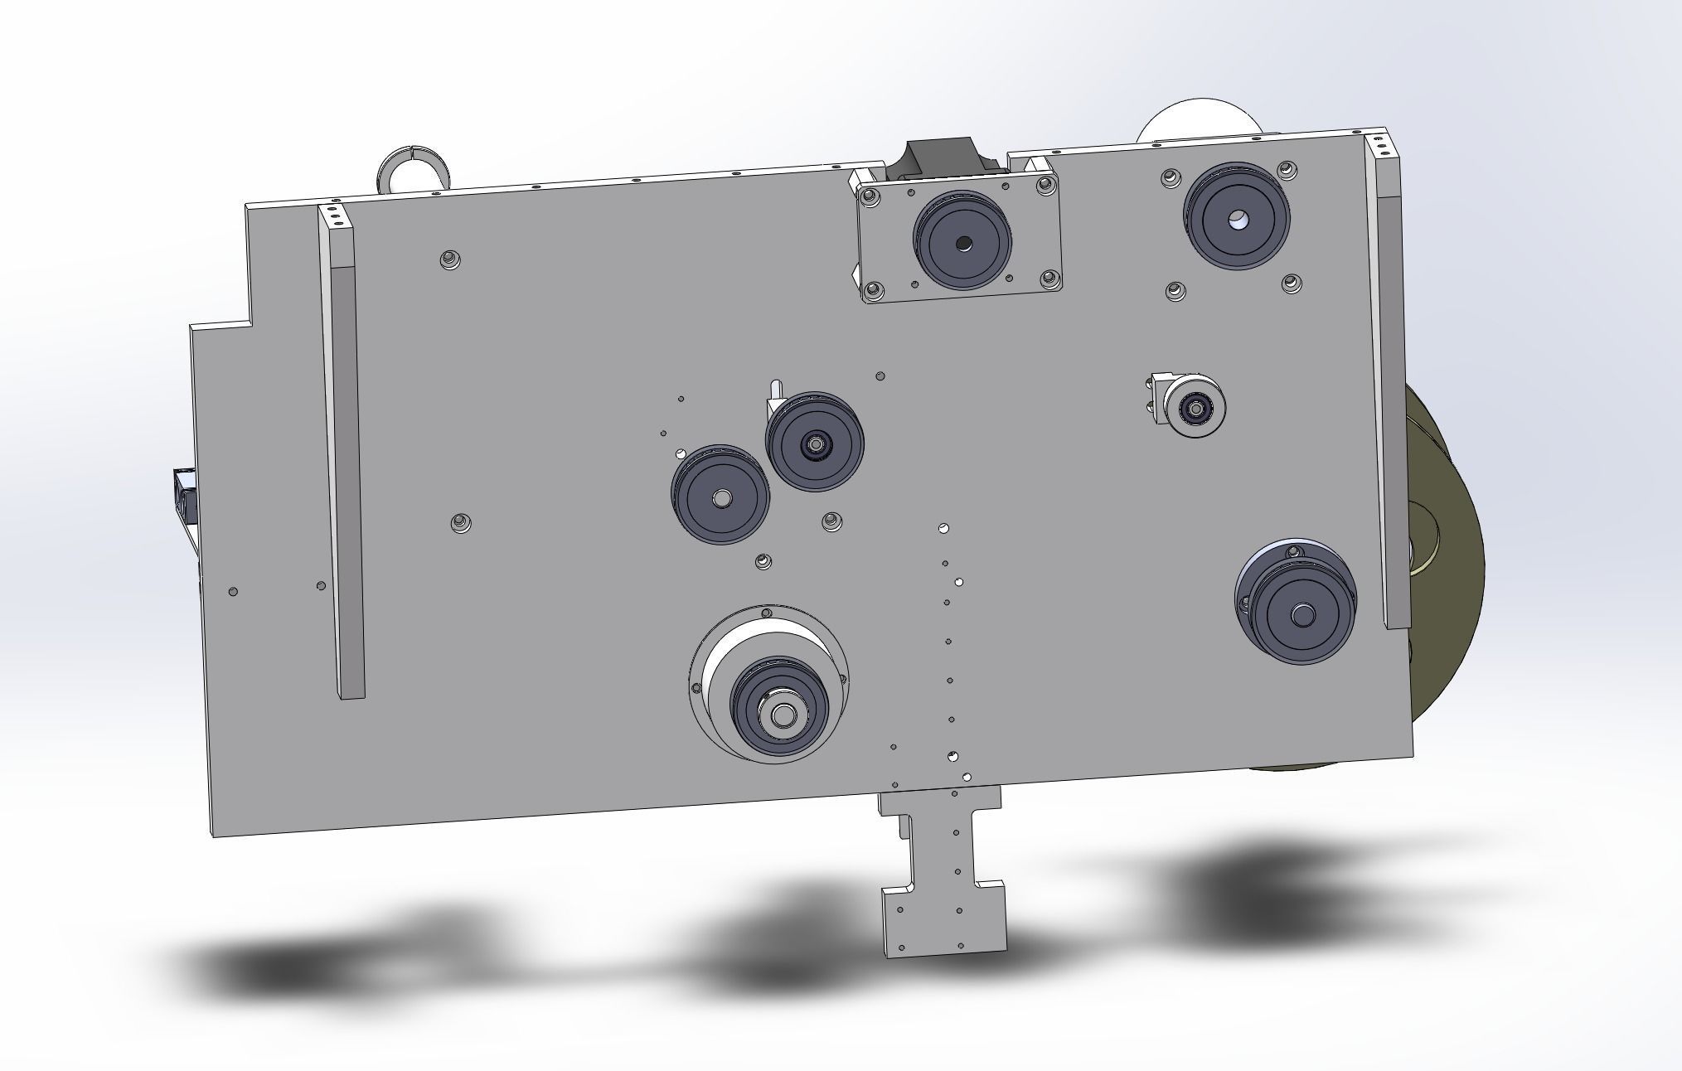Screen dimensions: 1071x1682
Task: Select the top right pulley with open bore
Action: (1237, 218)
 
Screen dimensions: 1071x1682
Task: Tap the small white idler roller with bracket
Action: (1195, 407)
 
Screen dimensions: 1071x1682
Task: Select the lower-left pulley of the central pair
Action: (720, 497)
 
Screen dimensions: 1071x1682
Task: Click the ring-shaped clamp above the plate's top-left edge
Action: (413, 170)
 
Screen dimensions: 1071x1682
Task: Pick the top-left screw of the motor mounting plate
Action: (869, 197)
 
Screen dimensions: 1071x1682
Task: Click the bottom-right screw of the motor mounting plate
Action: (1050, 279)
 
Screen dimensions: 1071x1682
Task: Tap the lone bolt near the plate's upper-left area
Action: (449, 259)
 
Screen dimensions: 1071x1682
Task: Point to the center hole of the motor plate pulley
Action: (962, 243)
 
